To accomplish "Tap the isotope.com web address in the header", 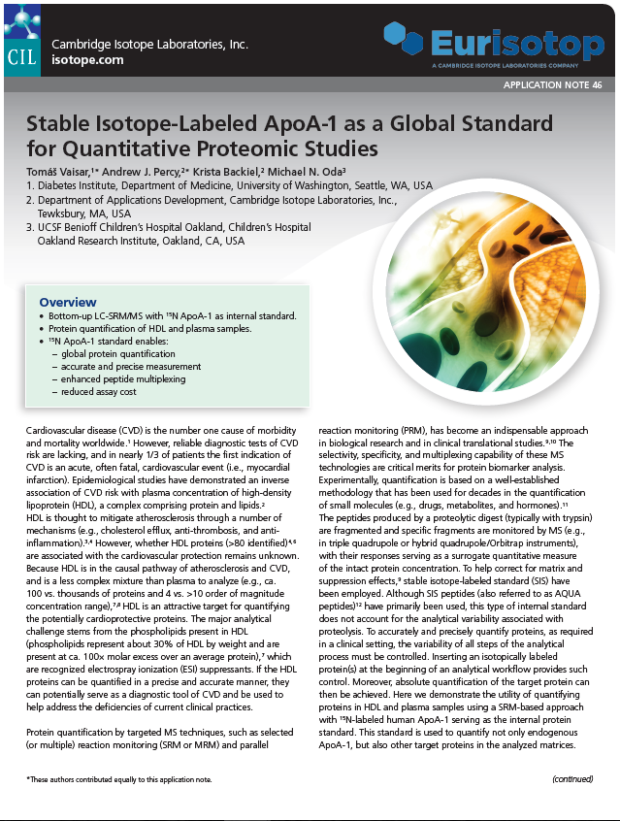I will (x=87, y=60).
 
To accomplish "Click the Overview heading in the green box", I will (x=67, y=303).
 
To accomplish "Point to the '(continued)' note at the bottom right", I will (x=572, y=779).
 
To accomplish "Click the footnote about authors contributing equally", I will (x=117, y=779).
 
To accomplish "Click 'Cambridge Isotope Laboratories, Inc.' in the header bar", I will (x=149, y=45).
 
